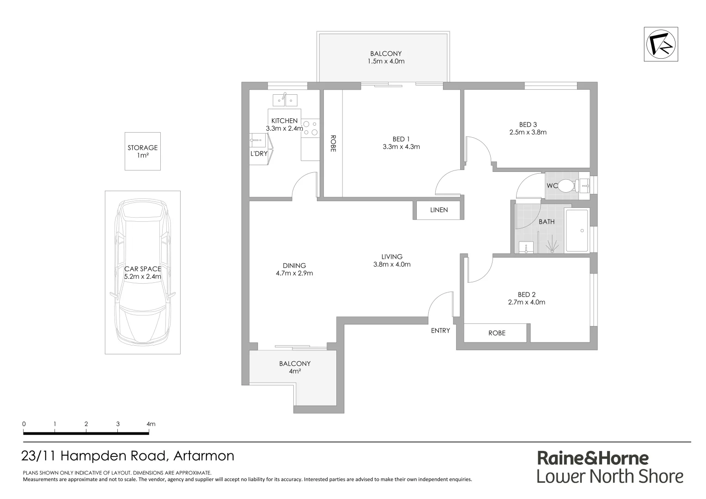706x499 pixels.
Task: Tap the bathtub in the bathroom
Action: [577, 230]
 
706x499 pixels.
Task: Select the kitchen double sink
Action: [285, 99]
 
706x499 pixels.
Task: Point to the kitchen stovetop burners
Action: [310, 128]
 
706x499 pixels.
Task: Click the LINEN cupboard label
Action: [439, 210]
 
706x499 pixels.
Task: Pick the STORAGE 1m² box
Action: [143, 151]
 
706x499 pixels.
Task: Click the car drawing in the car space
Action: [143, 273]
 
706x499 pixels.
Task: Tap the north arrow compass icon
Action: [661, 44]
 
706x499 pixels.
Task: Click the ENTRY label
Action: [440, 330]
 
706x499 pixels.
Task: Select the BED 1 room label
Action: [401, 139]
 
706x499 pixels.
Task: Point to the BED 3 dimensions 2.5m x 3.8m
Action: [528, 132]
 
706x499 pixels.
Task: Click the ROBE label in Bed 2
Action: [497, 333]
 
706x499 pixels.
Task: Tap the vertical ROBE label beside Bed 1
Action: [333, 143]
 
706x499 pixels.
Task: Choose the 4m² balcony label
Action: [295, 371]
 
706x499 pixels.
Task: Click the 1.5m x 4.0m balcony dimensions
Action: [386, 61]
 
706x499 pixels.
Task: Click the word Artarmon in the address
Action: [204, 456]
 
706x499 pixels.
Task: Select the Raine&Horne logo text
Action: [593, 458]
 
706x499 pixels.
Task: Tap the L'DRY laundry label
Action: [259, 153]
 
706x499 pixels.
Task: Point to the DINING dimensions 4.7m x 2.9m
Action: [294, 273]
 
